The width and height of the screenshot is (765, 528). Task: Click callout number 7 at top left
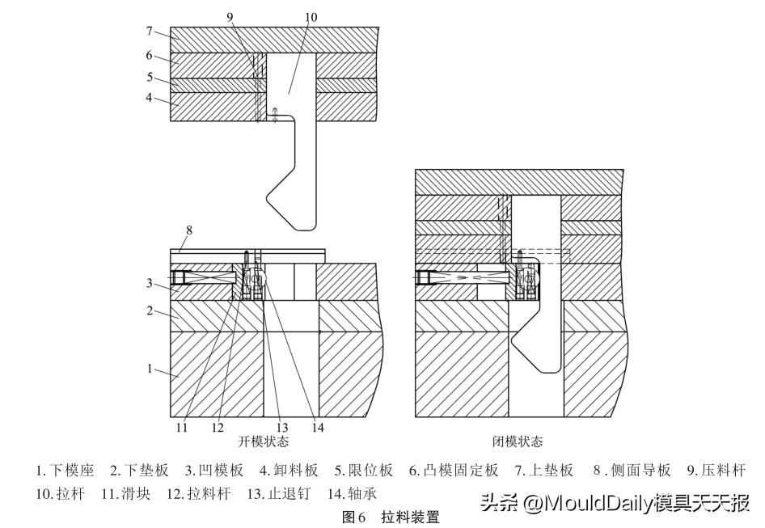(150, 32)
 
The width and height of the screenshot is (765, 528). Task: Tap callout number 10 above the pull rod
(311, 18)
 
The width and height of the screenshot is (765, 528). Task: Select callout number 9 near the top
(230, 18)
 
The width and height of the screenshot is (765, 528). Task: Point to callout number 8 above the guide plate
(189, 230)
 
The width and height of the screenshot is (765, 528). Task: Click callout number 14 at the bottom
(318, 428)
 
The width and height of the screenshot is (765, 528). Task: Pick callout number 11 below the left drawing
(182, 428)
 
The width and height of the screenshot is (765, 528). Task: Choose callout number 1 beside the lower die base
(150, 368)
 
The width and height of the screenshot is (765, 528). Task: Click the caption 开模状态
(264, 442)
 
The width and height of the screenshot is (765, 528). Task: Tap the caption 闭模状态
(518, 442)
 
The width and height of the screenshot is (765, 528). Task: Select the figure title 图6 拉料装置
(391, 517)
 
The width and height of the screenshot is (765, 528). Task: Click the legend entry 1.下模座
(65, 471)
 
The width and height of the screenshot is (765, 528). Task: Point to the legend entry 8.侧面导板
(632, 471)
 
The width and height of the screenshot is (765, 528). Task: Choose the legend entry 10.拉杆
(61, 494)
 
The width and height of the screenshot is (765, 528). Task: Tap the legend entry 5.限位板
(364, 471)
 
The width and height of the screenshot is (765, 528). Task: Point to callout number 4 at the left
(150, 98)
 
